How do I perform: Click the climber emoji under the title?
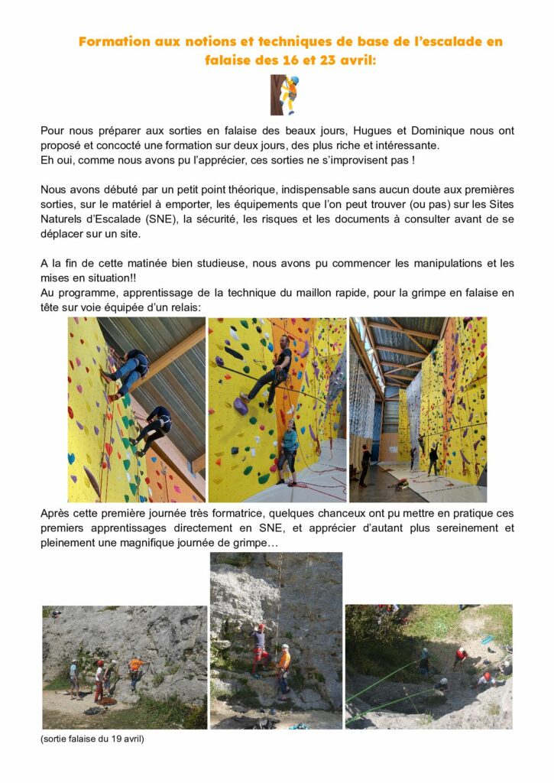(x=284, y=95)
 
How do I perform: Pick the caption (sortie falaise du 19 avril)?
(x=92, y=739)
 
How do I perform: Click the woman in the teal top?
(x=288, y=447)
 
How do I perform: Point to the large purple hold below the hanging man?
(x=241, y=406)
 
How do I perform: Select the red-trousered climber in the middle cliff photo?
(x=260, y=648)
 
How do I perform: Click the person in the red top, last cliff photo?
(x=460, y=655)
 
